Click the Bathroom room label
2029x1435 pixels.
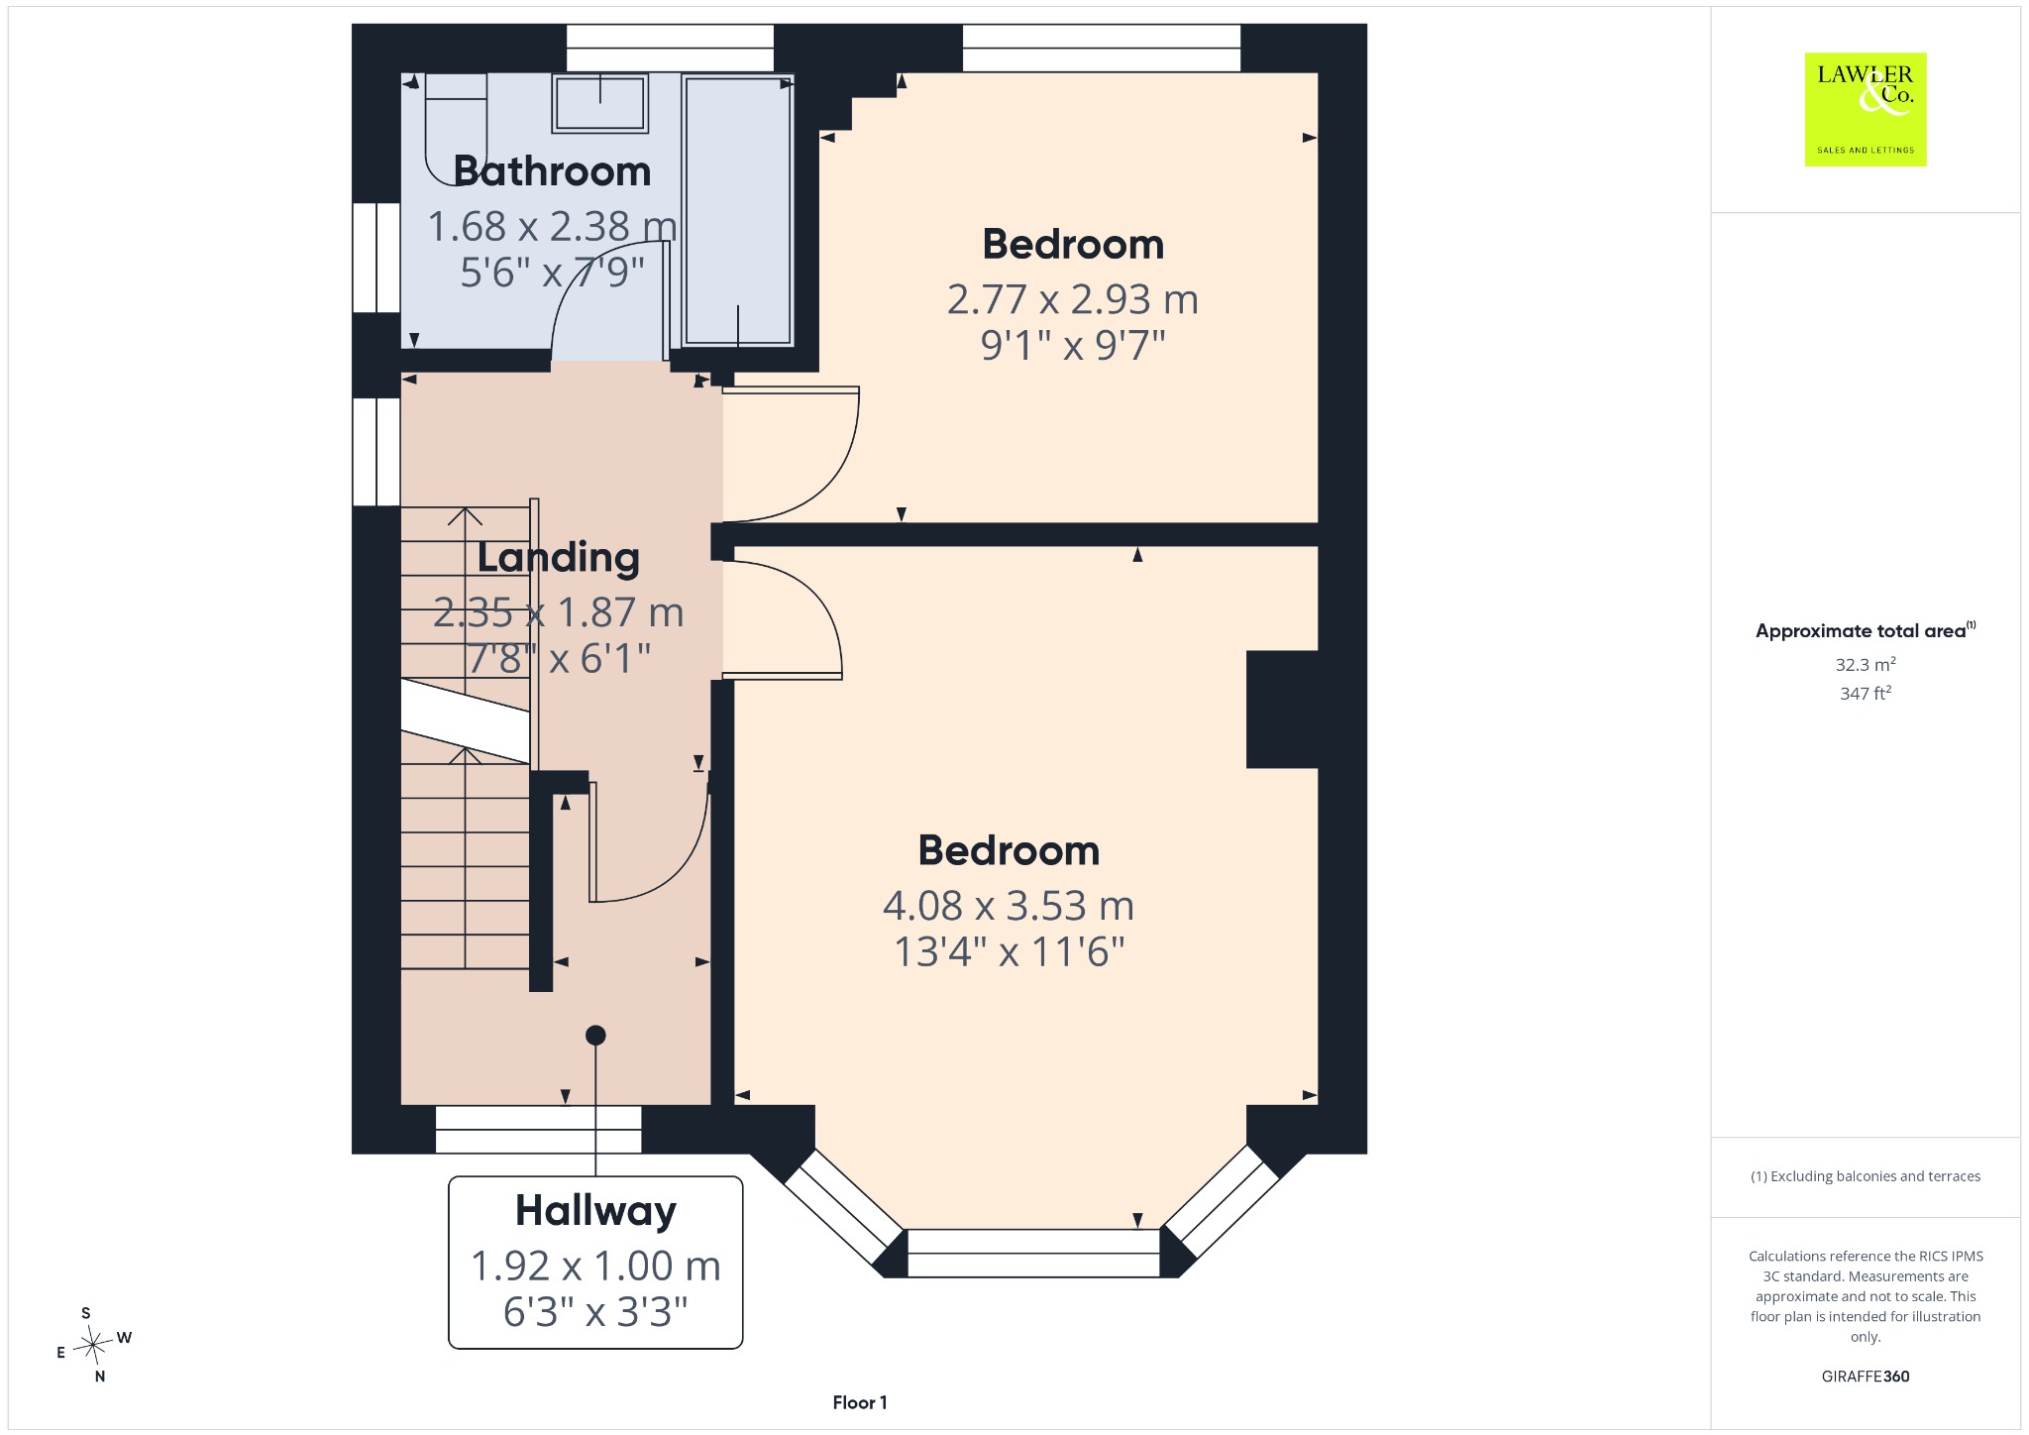[x=552, y=171]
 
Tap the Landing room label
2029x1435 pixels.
[x=559, y=558]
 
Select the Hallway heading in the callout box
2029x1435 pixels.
[x=595, y=1211]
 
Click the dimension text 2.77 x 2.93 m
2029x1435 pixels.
[x=1073, y=299]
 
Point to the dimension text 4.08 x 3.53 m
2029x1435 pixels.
[x=1009, y=906]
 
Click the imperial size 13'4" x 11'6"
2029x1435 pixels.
[x=1010, y=951]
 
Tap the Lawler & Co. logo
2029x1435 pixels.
[x=1866, y=109]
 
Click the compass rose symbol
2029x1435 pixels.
[x=94, y=1345]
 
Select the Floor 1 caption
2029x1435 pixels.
[x=860, y=1402]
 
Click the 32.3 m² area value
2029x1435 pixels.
[x=1866, y=665]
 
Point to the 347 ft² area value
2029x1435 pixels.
[x=1866, y=694]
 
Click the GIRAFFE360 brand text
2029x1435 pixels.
[x=1866, y=1377]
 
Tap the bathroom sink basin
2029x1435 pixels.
[x=600, y=103]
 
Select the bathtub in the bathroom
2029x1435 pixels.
[x=738, y=210]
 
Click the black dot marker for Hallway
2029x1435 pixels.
[x=595, y=1036]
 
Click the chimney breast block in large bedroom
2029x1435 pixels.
[x=1282, y=710]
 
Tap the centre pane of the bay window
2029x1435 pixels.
[x=1033, y=1253]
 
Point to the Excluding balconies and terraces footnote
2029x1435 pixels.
[x=1866, y=1176]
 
